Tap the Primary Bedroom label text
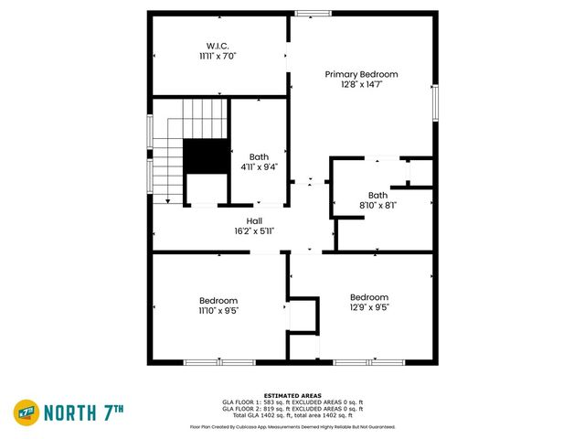coord(362,74)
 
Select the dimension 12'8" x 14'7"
coord(362,85)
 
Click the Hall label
coord(254,220)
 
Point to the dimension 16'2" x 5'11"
coord(254,231)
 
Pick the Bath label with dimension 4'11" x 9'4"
coord(259,156)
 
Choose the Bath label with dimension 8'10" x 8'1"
coord(378,195)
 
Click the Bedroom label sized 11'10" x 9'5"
coord(218,300)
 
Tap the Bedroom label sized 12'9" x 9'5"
coord(368,297)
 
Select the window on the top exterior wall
coord(314,13)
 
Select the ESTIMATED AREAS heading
coord(292,395)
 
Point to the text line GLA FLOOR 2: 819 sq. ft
coord(292,409)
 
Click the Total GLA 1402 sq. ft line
coord(292,415)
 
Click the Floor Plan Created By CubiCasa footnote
coord(292,426)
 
